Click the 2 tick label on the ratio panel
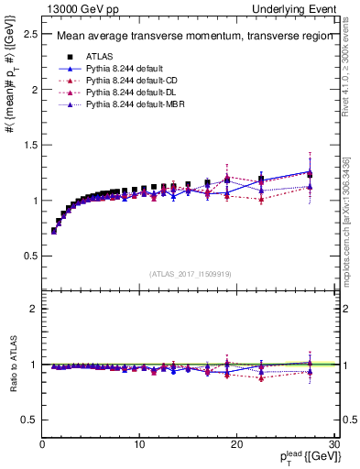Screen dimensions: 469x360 point(33,309)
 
